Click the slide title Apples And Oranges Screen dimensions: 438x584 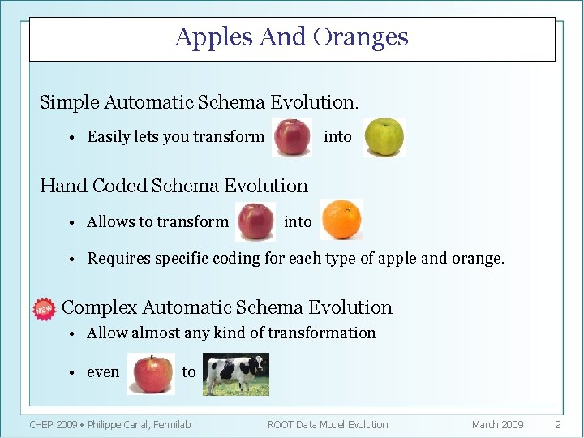click(x=291, y=37)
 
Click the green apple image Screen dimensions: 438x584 click(x=383, y=137)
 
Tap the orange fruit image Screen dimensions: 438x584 click(x=341, y=221)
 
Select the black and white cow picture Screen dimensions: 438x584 click(x=235, y=374)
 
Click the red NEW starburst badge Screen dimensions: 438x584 click(x=43, y=309)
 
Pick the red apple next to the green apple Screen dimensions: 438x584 click(x=292, y=137)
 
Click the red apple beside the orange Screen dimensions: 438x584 click(x=255, y=221)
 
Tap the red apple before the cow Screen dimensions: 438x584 click(x=151, y=374)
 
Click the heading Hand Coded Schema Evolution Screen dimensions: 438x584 click(x=174, y=186)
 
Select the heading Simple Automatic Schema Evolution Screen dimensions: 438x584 click(x=199, y=102)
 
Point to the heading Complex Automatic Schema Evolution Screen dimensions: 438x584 click(x=226, y=307)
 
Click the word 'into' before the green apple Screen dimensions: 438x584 click(x=337, y=137)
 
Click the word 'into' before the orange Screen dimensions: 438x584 click(x=298, y=221)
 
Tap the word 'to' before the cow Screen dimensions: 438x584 click(x=188, y=372)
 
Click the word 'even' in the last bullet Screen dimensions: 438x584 click(x=103, y=372)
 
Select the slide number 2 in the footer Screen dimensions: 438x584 click(x=557, y=424)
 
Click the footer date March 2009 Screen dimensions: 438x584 click(x=497, y=424)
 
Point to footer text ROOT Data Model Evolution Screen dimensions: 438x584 click(x=328, y=424)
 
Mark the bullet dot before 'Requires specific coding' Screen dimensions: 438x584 click(x=72, y=260)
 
